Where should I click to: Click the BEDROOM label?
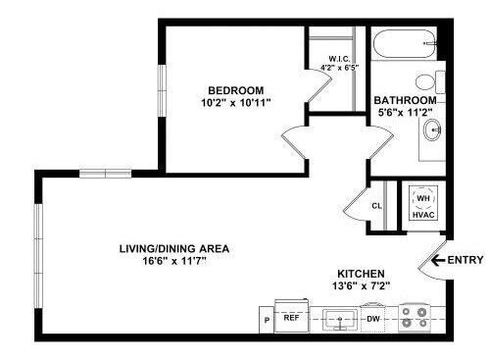(236, 90)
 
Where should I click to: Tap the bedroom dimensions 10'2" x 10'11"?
(236, 103)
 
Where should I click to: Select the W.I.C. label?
(340, 59)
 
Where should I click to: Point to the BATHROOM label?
(405, 100)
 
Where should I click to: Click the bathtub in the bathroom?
(405, 44)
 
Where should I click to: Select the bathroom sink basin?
(432, 129)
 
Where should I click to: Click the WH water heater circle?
(423, 198)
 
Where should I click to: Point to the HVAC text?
(423, 215)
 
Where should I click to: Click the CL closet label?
(376, 206)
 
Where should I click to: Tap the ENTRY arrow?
(438, 260)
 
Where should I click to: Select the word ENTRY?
(465, 260)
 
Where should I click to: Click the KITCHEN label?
(361, 274)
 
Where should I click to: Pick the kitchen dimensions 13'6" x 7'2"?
(361, 286)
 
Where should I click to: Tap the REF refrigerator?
(292, 316)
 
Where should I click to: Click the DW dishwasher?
(372, 318)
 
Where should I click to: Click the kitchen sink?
(340, 319)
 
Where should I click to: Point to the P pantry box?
(267, 320)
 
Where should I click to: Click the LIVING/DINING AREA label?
(174, 249)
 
